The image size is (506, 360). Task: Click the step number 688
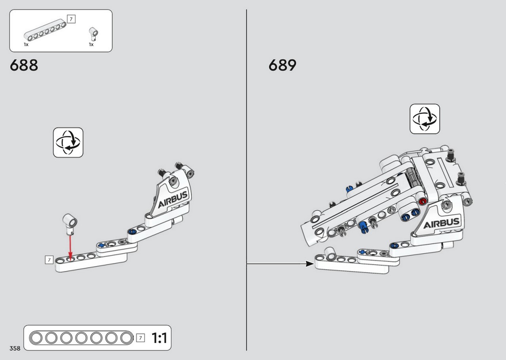[x=24, y=65]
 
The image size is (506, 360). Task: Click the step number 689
[x=282, y=65]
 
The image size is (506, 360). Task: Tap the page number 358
[x=15, y=348]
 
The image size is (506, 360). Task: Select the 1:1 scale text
[x=159, y=338]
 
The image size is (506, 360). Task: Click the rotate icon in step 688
[x=68, y=143]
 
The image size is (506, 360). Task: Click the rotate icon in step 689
[x=425, y=119]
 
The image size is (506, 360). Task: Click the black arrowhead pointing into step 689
[x=310, y=264]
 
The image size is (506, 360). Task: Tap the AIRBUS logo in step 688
[x=173, y=200]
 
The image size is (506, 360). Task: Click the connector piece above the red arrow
[x=70, y=224]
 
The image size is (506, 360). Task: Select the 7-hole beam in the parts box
[x=45, y=30]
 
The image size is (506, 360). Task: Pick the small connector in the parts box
[x=94, y=34]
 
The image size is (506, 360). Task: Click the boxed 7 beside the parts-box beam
[x=71, y=19]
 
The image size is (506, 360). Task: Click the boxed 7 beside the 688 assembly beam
[x=49, y=260]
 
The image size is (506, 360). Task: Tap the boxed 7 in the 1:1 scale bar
[x=140, y=338]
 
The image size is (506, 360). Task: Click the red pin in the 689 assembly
[x=422, y=202]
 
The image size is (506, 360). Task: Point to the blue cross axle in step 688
[x=102, y=245]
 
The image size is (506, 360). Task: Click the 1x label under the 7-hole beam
[x=26, y=45]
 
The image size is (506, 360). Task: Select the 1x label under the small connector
[x=91, y=45]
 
